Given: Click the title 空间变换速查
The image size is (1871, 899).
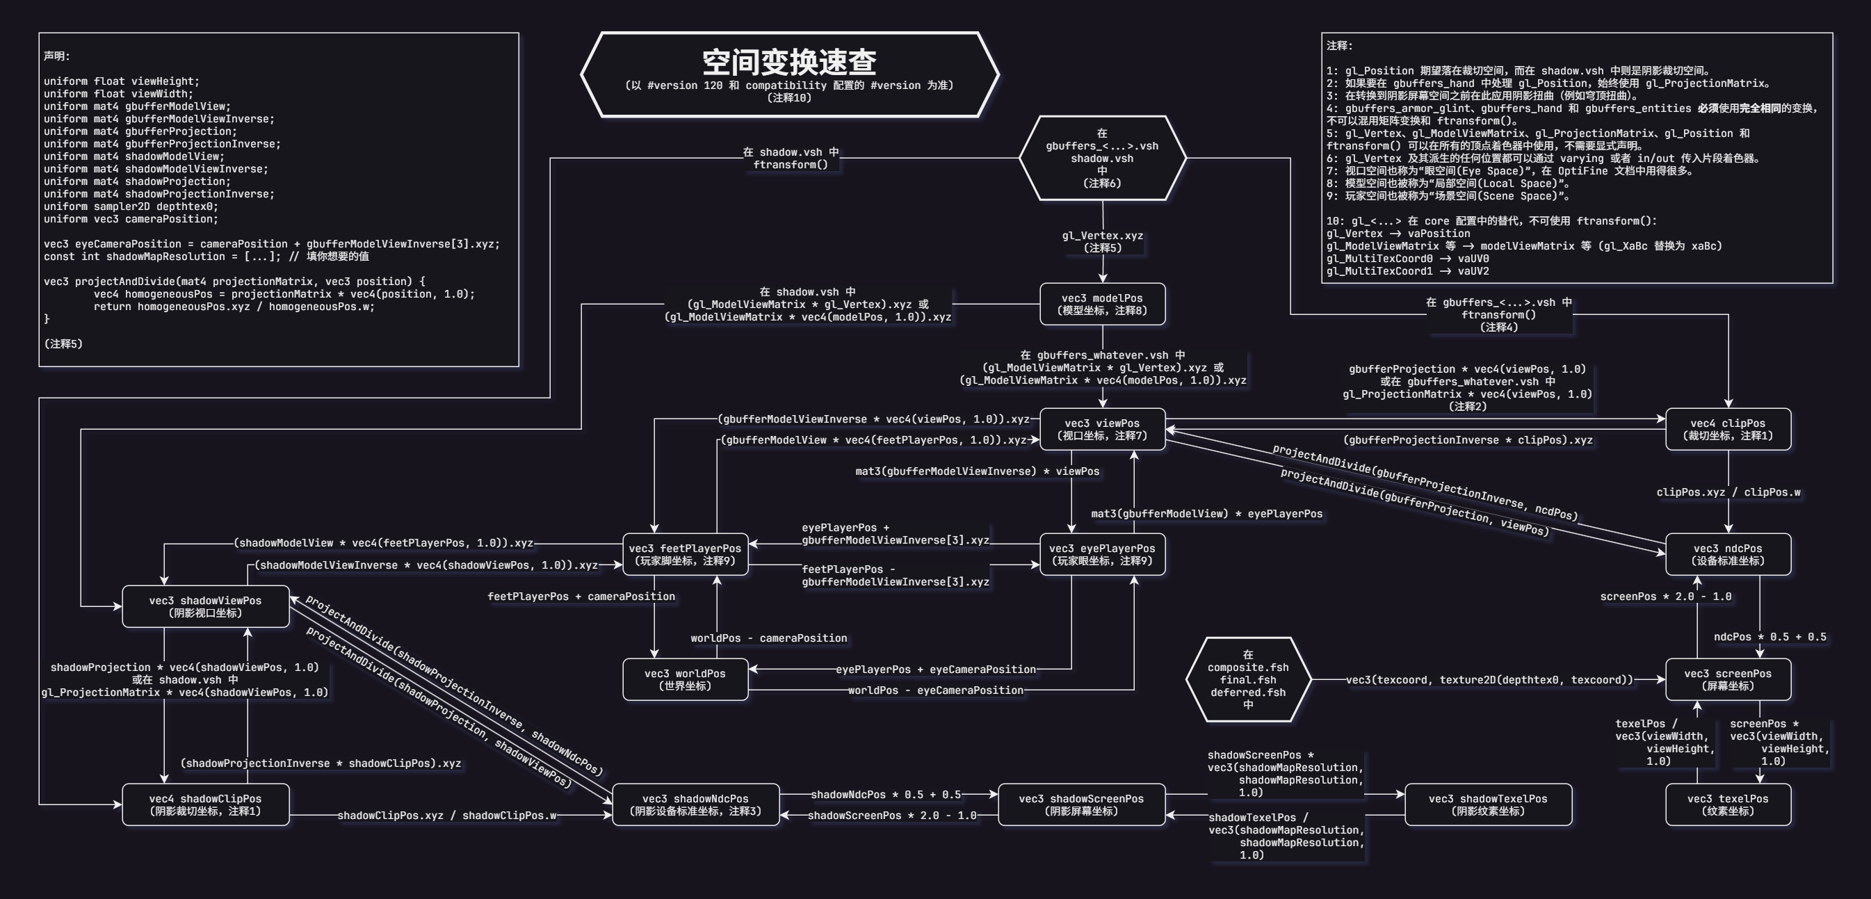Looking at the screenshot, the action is (x=788, y=63).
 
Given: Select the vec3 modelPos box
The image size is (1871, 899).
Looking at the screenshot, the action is (x=1103, y=305).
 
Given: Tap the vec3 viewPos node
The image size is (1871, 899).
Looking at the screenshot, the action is (x=1103, y=429).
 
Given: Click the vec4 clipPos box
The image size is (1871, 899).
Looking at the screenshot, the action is (x=1728, y=429).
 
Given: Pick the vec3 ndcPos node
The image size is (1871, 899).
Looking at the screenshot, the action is (x=1728, y=554).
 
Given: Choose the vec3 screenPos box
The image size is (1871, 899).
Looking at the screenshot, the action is (x=1728, y=680).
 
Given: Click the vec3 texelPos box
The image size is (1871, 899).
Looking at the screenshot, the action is (x=1728, y=804).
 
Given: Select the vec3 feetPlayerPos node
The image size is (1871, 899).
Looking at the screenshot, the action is (x=685, y=554).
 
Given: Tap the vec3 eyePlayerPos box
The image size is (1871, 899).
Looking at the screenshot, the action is (x=1103, y=554).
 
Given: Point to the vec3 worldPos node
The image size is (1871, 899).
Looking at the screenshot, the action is (x=685, y=680).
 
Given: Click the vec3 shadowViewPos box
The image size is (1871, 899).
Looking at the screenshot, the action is (x=206, y=606).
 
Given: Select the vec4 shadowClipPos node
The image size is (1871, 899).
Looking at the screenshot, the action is (x=206, y=804).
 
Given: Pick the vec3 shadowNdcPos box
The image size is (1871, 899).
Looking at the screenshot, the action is (x=696, y=804).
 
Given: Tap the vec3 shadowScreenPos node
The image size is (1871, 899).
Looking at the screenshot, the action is (x=1081, y=804).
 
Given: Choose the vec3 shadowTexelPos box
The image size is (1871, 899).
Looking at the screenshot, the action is (x=1488, y=804).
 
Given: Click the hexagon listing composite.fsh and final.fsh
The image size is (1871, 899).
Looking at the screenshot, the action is (x=1249, y=680).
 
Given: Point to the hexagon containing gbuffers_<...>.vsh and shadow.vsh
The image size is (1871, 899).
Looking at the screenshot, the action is (x=1103, y=158).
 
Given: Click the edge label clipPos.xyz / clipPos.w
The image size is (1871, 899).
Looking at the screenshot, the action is (x=1728, y=492).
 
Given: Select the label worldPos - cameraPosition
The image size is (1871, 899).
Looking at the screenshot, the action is (x=768, y=638).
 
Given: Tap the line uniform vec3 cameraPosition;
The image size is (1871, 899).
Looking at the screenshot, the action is (x=131, y=219).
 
